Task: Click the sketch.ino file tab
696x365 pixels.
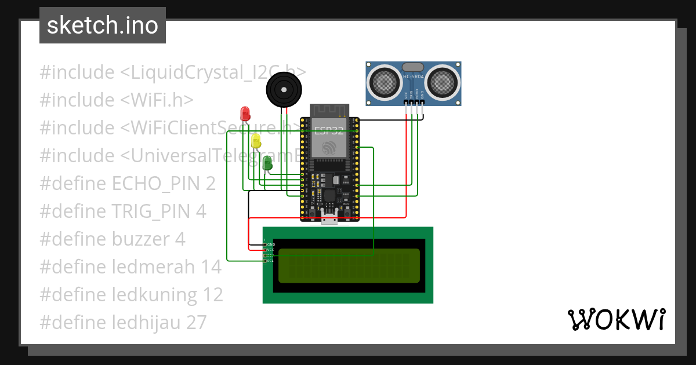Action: pyautogui.click(x=102, y=25)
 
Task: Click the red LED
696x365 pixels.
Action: pyautogui.click(x=245, y=112)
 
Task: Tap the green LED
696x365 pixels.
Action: pyautogui.click(x=267, y=163)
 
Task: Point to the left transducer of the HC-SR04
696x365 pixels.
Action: pyautogui.click(x=383, y=82)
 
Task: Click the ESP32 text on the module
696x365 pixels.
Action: pyautogui.click(x=329, y=130)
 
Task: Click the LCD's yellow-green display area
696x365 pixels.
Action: pyautogui.click(x=349, y=265)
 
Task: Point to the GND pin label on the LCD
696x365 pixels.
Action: pyautogui.click(x=270, y=244)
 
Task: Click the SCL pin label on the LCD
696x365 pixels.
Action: pyautogui.click(x=270, y=261)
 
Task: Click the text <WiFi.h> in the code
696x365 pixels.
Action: pyautogui.click(x=157, y=100)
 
